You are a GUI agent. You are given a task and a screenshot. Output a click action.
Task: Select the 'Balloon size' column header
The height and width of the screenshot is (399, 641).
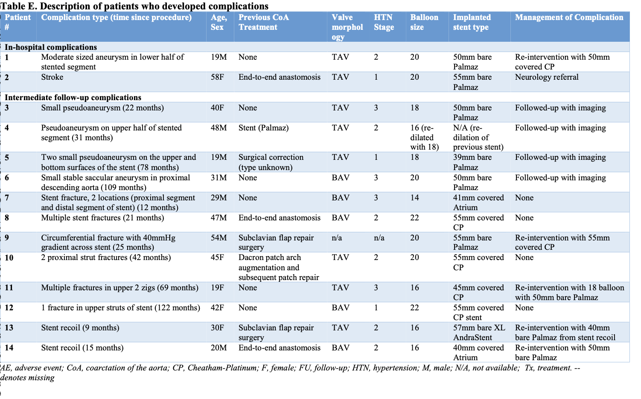(424, 22)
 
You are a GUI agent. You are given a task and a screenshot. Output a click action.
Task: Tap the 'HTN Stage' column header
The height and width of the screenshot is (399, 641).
(384, 22)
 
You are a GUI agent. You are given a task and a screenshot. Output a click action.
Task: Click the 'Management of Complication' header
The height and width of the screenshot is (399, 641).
(569, 17)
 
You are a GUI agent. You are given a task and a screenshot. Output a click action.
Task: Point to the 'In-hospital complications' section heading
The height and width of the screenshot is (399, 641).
(51, 47)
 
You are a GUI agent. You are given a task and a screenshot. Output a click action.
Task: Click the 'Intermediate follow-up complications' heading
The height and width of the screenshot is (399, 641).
(73, 97)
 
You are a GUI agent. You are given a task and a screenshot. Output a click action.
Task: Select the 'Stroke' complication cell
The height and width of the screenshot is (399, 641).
(52, 77)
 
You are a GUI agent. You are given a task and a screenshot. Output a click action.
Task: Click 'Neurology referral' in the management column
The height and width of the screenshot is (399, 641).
(547, 77)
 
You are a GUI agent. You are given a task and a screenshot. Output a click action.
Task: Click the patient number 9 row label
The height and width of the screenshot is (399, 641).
(7, 238)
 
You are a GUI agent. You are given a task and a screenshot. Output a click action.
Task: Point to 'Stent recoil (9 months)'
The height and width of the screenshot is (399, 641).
(80, 328)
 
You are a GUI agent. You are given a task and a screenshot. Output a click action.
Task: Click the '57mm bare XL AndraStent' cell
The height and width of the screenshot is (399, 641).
(478, 332)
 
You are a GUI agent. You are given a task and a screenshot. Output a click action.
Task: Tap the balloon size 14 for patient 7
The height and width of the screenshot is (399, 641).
(414, 198)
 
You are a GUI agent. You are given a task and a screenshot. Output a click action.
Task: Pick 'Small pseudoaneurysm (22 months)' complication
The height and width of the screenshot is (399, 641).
(102, 108)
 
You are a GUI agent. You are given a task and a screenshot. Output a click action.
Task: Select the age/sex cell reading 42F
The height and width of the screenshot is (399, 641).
(217, 308)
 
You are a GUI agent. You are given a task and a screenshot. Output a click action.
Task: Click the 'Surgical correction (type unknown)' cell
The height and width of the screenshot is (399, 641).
(271, 162)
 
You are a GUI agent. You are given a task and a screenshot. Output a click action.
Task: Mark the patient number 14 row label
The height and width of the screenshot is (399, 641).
(9, 348)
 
